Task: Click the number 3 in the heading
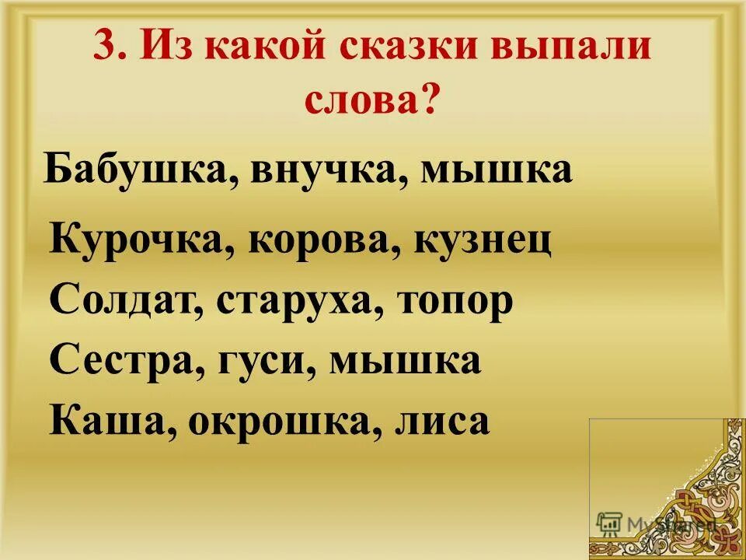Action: pyautogui.click(x=105, y=48)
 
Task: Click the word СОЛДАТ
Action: pyautogui.click(x=121, y=301)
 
